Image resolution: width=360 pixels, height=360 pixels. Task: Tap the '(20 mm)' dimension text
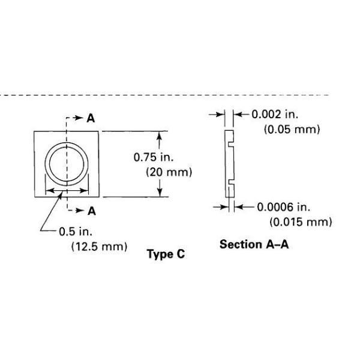tap(169, 172)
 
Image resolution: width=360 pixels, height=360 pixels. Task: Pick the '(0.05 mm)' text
tap(292, 130)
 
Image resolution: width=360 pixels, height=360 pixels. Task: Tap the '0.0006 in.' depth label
tap(284, 207)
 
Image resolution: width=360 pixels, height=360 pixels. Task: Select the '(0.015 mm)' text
tap(301, 222)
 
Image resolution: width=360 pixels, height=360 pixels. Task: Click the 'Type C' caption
tap(166, 254)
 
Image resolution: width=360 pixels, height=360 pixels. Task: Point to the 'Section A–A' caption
tap(254, 244)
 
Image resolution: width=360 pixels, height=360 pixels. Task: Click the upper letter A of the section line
tap(91, 118)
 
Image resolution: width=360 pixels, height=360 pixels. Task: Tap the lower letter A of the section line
tap(91, 210)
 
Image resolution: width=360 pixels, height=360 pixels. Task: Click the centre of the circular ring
tap(68, 163)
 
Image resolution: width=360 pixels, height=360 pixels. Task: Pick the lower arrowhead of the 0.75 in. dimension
tap(159, 193)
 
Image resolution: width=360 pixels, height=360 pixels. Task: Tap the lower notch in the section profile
tap(231, 182)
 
